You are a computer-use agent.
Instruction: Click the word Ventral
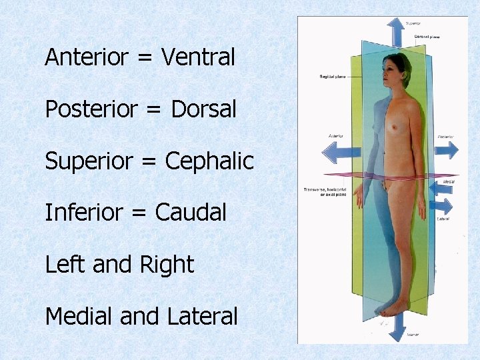198,57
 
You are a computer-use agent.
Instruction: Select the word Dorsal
203,109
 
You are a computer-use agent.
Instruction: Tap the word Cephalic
209,161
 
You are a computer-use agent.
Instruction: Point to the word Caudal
191,213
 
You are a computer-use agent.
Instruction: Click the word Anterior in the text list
86,57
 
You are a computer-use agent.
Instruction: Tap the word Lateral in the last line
203,317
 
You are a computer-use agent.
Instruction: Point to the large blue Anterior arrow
338,151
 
